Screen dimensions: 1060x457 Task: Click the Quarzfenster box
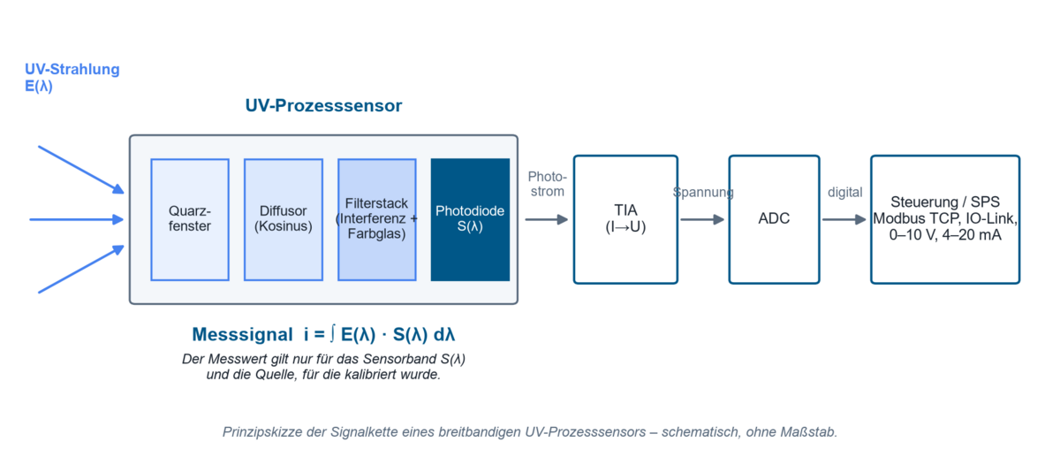[x=190, y=220]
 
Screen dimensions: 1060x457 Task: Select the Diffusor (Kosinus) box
[x=284, y=220]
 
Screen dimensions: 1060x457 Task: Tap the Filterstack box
[x=376, y=220]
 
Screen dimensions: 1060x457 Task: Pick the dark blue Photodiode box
[x=470, y=220]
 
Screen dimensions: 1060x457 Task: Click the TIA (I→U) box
[x=625, y=220]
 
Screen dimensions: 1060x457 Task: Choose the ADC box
[x=774, y=220]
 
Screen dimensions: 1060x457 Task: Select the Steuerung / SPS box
[x=945, y=220]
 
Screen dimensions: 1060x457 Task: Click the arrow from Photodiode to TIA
[x=547, y=220]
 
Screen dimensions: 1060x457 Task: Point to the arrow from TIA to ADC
[x=703, y=220]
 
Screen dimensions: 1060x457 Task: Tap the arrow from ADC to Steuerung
[x=844, y=220]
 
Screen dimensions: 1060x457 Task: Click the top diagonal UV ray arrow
[x=81, y=170]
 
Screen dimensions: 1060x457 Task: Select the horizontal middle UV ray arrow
[x=77, y=220]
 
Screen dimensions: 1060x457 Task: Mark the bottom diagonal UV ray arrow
[x=81, y=269]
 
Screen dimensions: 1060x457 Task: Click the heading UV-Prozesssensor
[x=323, y=105]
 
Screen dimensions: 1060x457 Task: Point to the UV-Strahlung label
[x=72, y=69]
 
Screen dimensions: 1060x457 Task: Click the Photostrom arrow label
[x=548, y=184]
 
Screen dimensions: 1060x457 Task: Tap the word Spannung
[x=703, y=193]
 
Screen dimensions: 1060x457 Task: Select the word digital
[x=845, y=193]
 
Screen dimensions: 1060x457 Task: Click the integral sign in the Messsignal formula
[x=333, y=333]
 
